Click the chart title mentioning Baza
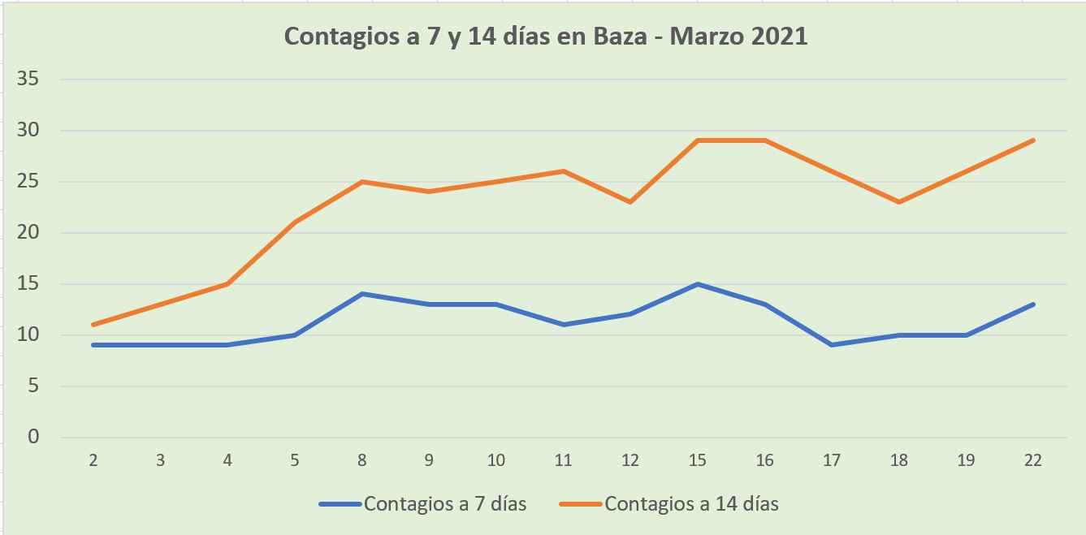point(545,37)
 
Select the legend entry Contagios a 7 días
point(445,503)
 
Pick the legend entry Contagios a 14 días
point(691,503)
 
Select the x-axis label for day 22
point(1032,460)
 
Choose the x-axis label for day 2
point(93,460)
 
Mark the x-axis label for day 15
point(697,460)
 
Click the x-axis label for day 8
point(361,460)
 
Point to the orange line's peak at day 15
point(698,140)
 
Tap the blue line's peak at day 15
point(698,284)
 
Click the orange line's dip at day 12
point(630,201)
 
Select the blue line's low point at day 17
point(832,345)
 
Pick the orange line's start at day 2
point(93,325)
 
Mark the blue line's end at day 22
point(1032,304)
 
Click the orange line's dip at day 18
point(898,201)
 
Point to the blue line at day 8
point(361,294)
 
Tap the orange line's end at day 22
point(1032,140)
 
